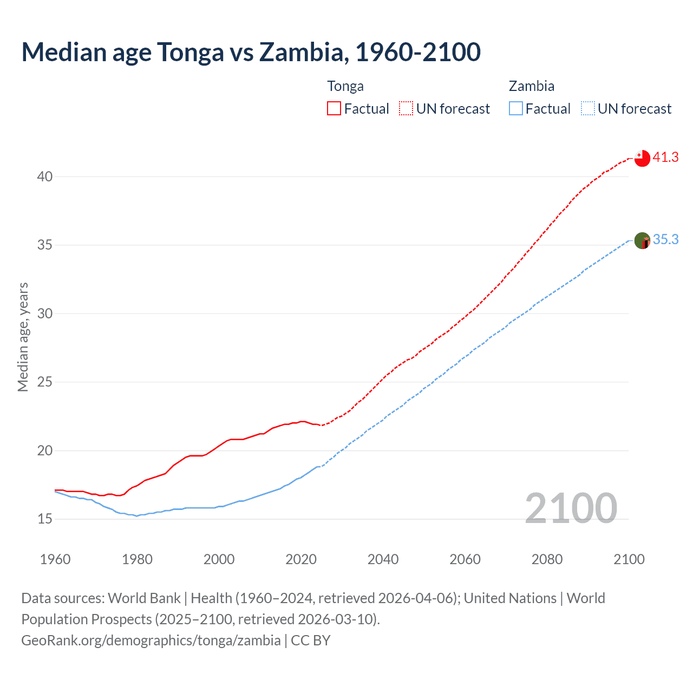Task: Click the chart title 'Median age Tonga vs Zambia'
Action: (x=251, y=52)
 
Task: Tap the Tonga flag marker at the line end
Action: (x=642, y=158)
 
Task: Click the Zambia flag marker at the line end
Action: (x=642, y=240)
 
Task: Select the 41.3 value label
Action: (x=665, y=158)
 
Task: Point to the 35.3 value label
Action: (x=665, y=240)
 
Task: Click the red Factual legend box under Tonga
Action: (x=334, y=108)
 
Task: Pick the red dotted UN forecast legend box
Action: (x=406, y=108)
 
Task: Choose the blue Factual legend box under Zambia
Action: (x=516, y=108)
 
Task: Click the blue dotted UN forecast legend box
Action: (x=587, y=108)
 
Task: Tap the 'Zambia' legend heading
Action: (x=531, y=86)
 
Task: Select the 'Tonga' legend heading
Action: (x=345, y=86)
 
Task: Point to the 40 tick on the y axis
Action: (x=45, y=176)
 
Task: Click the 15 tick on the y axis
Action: (x=45, y=519)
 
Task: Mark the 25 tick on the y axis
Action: (x=45, y=382)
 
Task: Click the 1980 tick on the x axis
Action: (x=137, y=559)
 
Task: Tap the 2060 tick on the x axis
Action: (x=465, y=559)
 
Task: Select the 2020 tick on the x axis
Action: (x=301, y=559)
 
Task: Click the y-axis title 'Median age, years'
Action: (x=23, y=337)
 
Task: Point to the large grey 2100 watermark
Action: (x=571, y=508)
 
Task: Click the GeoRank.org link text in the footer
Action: (x=151, y=640)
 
